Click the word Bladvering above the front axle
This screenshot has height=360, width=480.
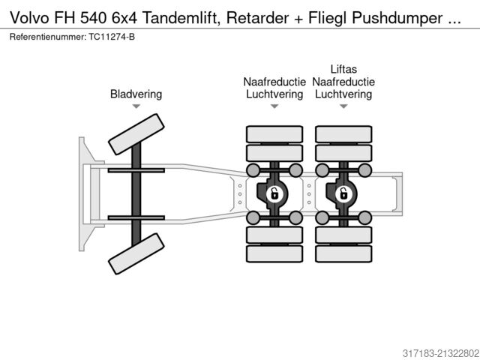[x=136, y=94]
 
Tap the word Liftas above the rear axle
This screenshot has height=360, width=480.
[x=343, y=69]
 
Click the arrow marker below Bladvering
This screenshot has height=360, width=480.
[x=136, y=107]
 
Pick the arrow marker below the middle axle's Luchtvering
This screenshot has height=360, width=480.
[x=274, y=107]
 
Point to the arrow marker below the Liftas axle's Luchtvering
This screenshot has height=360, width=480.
[x=343, y=107]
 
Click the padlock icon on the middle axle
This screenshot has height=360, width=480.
[x=274, y=194]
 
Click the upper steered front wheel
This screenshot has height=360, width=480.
[x=135, y=133]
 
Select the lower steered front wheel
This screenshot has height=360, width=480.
[x=135, y=253]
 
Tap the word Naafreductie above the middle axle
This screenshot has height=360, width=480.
[x=274, y=82]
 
